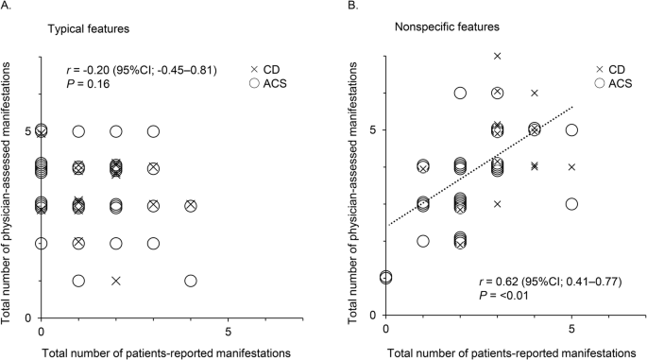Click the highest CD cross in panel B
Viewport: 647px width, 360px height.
[x=497, y=56]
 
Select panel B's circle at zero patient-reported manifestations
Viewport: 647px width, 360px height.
[x=385, y=277]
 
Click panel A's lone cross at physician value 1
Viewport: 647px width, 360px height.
[x=116, y=281]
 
